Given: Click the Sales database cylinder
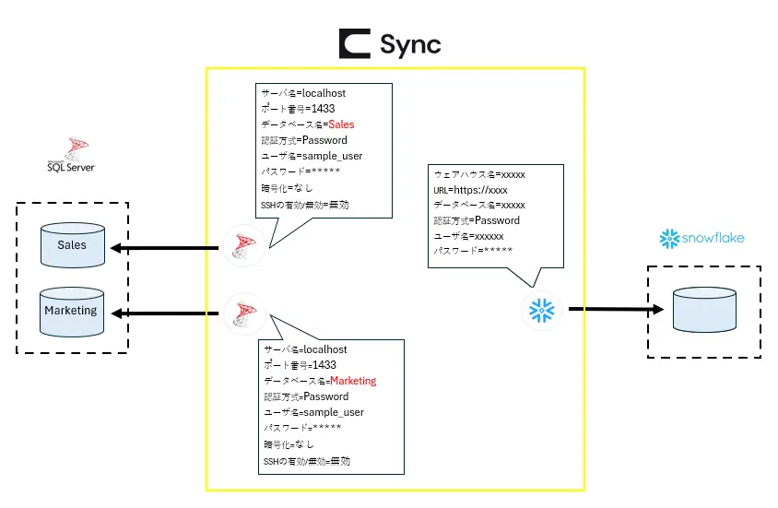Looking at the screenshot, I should (x=72, y=246).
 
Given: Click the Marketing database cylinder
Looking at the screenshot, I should (x=71, y=312).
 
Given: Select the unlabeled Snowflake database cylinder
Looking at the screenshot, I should (x=704, y=309).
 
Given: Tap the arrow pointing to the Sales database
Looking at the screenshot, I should (x=165, y=247).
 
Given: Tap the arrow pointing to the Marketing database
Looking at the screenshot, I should (x=165, y=314).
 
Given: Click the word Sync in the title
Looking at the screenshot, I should (x=410, y=43).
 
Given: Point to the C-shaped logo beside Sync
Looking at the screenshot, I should (x=354, y=43).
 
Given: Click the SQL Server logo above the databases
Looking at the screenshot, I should (x=71, y=155).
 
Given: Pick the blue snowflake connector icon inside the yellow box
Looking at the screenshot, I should (x=539, y=310).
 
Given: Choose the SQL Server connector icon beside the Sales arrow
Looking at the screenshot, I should (x=244, y=246).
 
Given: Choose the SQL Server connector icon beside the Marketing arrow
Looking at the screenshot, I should (x=244, y=313).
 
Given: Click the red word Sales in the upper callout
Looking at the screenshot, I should (x=341, y=124).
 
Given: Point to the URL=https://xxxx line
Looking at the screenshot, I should (x=471, y=190).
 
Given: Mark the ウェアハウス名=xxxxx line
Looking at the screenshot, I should (x=479, y=174).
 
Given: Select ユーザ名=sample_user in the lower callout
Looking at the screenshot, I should (x=313, y=412).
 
